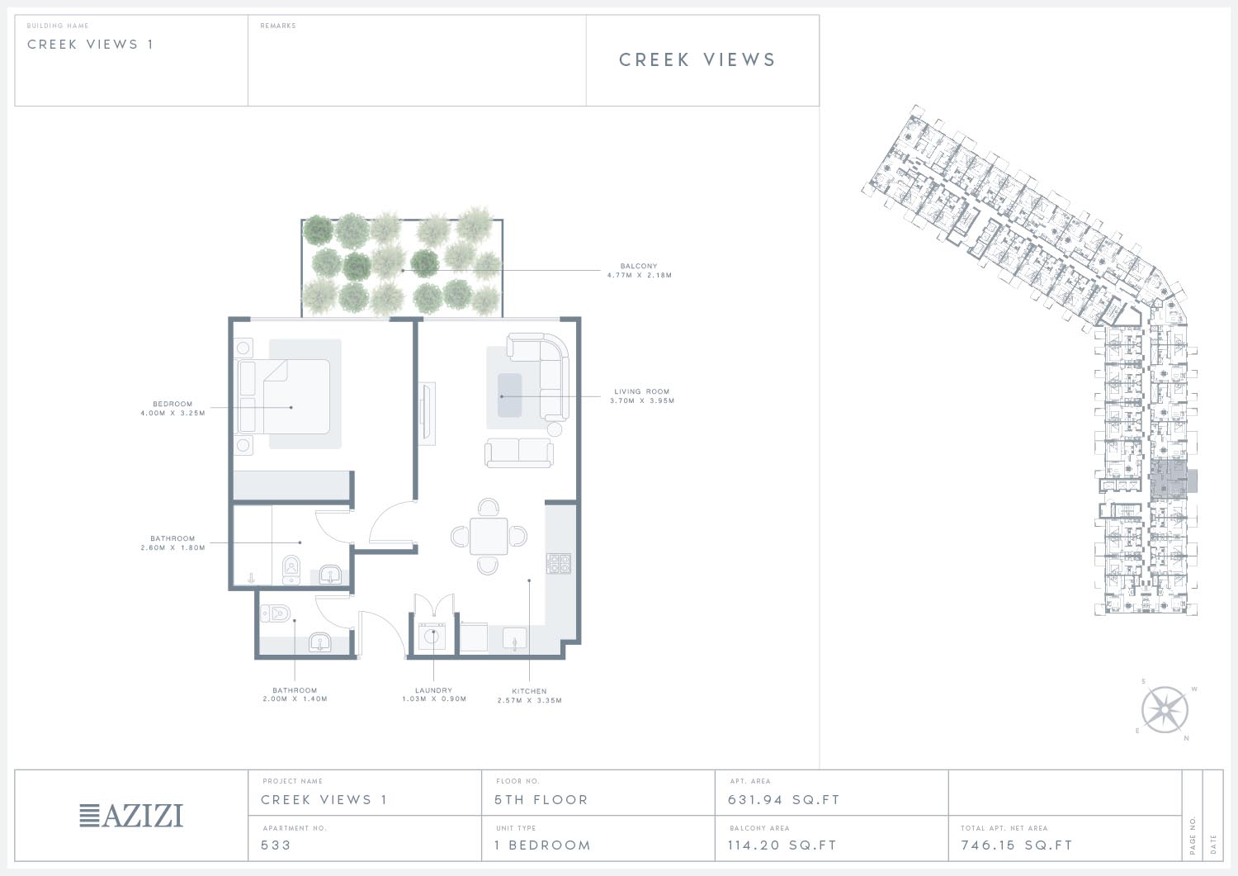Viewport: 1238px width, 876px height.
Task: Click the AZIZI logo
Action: [131, 816]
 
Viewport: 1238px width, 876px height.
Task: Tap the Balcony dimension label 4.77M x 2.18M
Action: [640, 276]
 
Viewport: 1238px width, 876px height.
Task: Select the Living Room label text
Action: [641, 391]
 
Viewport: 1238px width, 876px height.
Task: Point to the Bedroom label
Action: [172, 405]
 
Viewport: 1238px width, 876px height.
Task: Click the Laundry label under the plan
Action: [433, 690]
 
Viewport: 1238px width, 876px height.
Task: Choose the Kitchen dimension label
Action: [530, 700]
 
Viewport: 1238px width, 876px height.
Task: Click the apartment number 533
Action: [276, 845]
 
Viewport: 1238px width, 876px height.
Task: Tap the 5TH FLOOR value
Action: [541, 800]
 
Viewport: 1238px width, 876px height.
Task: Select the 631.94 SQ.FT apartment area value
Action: [783, 800]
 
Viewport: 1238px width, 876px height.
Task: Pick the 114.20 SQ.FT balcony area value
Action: [782, 845]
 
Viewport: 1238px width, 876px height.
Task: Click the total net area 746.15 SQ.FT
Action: [1016, 845]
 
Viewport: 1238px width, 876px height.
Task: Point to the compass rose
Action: [1165, 710]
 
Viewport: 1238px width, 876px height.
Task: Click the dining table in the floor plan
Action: [489, 537]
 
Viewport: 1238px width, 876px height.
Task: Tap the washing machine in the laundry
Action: [432, 637]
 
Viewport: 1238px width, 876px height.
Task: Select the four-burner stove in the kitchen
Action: [559, 564]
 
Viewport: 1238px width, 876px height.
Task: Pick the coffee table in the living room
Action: [509, 395]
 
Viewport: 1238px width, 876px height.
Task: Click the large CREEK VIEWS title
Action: [697, 59]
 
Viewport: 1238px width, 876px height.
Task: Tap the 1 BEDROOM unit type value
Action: [543, 845]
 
